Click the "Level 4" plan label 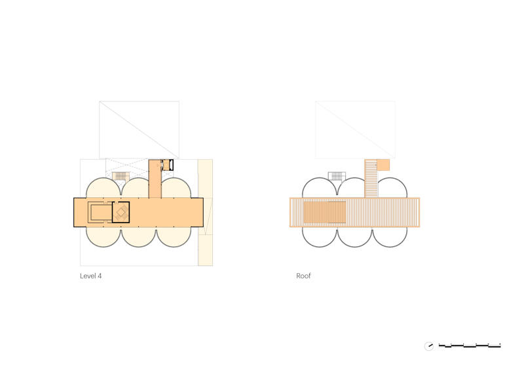tap(90, 276)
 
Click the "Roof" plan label tap(303, 276)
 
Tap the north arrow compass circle tap(429, 346)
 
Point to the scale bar tap(470, 345)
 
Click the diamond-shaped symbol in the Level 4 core tap(121, 212)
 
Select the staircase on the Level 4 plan tap(121, 176)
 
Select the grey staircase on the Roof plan tap(337, 176)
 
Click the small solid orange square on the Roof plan tap(383, 165)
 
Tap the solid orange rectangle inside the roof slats tap(324, 212)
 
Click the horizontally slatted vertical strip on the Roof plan tap(371, 179)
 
